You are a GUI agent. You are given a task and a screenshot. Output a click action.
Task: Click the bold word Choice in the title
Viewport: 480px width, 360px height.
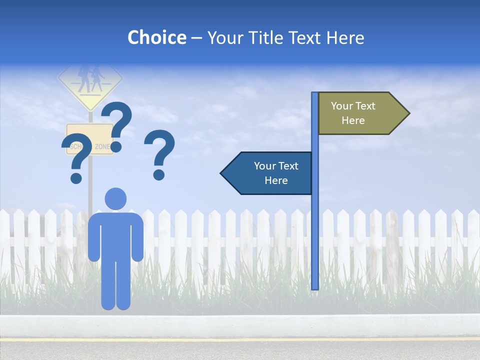click(x=156, y=37)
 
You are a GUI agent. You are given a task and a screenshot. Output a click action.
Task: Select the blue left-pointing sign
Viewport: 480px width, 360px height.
click(x=267, y=173)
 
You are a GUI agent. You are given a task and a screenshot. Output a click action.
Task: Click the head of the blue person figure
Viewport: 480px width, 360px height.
click(x=115, y=198)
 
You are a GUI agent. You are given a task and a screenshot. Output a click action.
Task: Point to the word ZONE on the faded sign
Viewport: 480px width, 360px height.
click(x=103, y=146)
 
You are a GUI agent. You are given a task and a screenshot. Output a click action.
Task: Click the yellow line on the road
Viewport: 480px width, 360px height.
click(x=240, y=340)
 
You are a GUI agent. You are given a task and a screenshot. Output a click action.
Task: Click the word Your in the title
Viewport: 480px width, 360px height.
click(x=223, y=37)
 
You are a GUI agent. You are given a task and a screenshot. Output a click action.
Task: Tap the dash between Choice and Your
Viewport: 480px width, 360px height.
click(x=196, y=38)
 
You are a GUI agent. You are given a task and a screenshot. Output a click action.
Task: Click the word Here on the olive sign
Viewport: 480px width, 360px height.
click(x=353, y=120)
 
